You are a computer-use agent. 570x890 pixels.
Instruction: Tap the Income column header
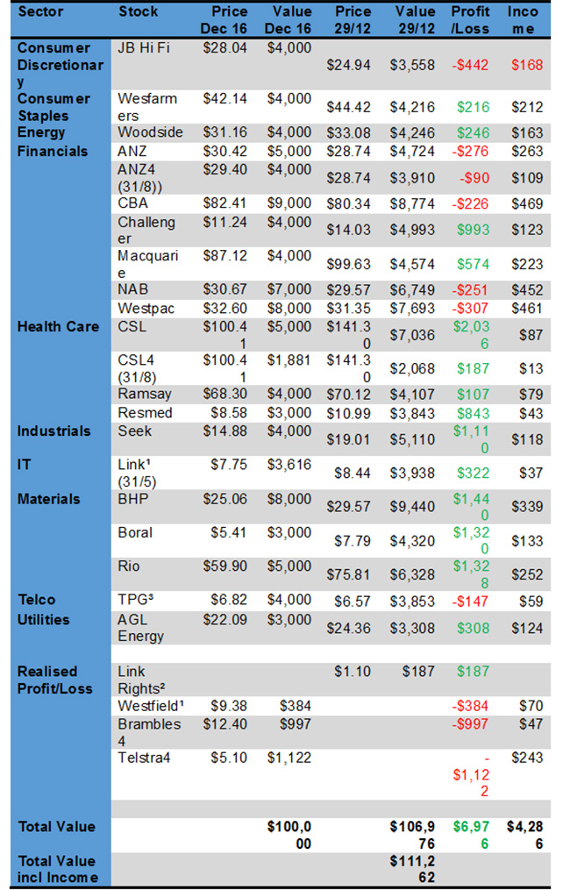click(524, 20)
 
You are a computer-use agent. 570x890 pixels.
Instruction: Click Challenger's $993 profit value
click(472, 230)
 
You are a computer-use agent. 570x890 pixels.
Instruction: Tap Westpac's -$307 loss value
click(472, 308)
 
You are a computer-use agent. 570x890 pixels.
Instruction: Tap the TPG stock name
click(136, 600)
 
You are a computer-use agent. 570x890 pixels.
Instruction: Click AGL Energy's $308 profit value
click(472, 628)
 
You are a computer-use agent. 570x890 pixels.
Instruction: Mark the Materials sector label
click(49, 499)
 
